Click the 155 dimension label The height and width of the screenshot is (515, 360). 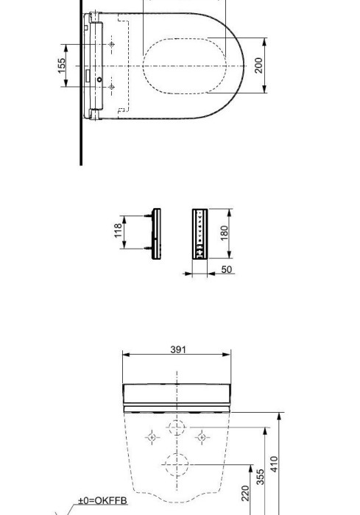tap(63, 65)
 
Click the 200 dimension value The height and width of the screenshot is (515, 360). tap(258, 65)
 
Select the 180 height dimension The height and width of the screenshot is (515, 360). tap(225, 233)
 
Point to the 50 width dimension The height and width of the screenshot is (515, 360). tap(227, 269)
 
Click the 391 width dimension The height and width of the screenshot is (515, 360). tap(178, 349)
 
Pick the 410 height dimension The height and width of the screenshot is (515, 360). tap(275, 464)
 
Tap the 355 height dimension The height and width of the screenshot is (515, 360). tap(261, 477)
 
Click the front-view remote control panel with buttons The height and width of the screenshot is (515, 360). tap(200, 234)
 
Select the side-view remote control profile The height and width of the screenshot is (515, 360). tap(156, 233)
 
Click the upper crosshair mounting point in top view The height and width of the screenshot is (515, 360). tap(112, 46)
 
